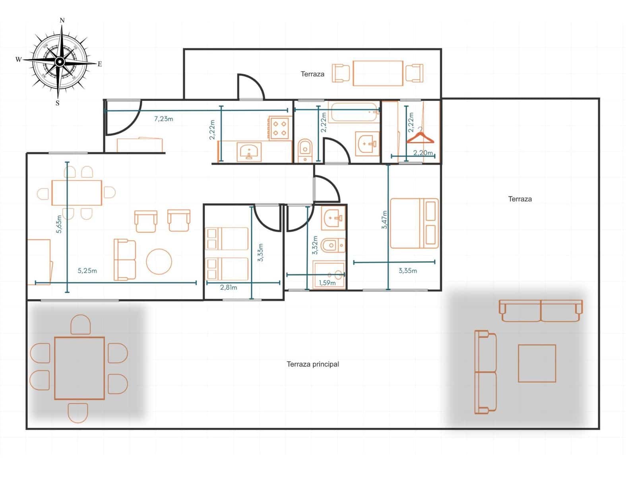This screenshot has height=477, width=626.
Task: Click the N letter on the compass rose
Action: [62, 20]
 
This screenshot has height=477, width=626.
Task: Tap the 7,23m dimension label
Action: [163, 118]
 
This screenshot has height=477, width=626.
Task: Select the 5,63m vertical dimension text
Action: [59, 224]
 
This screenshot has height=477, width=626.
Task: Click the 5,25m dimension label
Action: [87, 271]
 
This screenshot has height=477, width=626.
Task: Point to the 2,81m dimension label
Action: [229, 287]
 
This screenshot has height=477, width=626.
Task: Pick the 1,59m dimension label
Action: [327, 283]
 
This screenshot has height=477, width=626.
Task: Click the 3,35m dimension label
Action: [408, 271]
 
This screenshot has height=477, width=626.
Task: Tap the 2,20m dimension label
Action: [423, 153]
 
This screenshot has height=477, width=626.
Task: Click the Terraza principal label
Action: [313, 364]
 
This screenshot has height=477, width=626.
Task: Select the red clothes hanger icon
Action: [420, 138]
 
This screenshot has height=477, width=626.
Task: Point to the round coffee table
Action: [159, 262]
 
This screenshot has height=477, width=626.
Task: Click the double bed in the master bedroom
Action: [414, 223]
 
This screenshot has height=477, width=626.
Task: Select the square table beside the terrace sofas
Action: [537, 363]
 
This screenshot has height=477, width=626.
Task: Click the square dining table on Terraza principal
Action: [79, 368]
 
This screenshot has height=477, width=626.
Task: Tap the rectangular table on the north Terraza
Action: [378, 73]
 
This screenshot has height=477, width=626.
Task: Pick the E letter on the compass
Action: [100, 64]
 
